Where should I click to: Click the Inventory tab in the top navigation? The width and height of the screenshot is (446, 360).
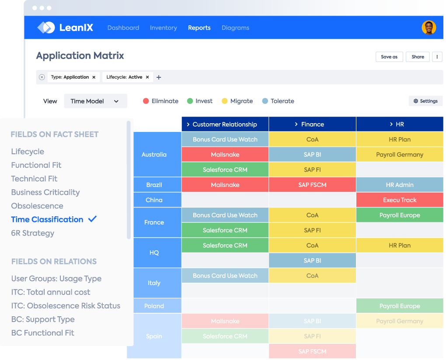click(x=163, y=28)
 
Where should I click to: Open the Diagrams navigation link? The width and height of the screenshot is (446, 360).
click(x=235, y=28)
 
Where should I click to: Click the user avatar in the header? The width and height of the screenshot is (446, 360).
click(x=429, y=28)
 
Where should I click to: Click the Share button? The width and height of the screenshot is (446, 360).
click(x=418, y=57)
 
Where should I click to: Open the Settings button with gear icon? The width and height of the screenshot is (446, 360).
click(x=425, y=101)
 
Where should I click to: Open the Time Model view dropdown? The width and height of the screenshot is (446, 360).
click(x=95, y=101)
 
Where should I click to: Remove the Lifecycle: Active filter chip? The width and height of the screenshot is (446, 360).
click(x=147, y=77)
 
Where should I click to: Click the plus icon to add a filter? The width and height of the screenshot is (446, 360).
click(x=159, y=77)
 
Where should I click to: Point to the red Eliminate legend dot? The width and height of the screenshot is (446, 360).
click(x=146, y=101)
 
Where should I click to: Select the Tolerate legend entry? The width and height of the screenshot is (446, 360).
click(x=278, y=101)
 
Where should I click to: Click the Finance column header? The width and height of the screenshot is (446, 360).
click(x=312, y=125)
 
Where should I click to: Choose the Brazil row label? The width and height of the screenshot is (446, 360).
click(x=154, y=185)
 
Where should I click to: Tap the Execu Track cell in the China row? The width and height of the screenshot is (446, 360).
click(x=400, y=200)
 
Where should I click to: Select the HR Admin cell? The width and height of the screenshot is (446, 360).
click(x=400, y=185)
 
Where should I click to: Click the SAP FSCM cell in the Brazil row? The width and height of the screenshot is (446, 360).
click(x=312, y=185)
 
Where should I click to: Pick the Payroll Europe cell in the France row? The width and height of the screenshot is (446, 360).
click(x=400, y=215)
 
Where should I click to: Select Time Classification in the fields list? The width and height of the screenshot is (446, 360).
click(x=47, y=219)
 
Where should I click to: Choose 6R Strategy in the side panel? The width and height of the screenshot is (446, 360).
click(x=33, y=233)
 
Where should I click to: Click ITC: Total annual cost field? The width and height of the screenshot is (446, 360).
click(x=51, y=292)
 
